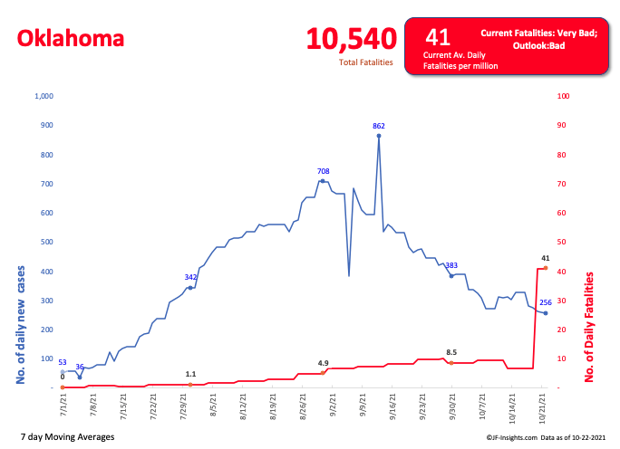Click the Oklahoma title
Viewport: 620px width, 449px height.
pos(71,39)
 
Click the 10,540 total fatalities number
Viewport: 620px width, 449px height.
pos(351,39)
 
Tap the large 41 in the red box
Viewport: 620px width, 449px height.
pos(438,37)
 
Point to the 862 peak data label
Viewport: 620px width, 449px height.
pos(379,125)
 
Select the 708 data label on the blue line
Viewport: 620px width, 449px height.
pos(323,171)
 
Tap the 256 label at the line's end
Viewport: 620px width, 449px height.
pos(546,302)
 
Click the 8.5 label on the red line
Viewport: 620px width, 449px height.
pos(450,352)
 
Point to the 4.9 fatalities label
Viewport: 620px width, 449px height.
pos(323,363)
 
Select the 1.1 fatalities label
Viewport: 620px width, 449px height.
pos(190,374)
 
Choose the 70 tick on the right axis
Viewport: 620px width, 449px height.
pos(563,184)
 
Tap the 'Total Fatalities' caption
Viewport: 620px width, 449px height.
pos(366,62)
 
